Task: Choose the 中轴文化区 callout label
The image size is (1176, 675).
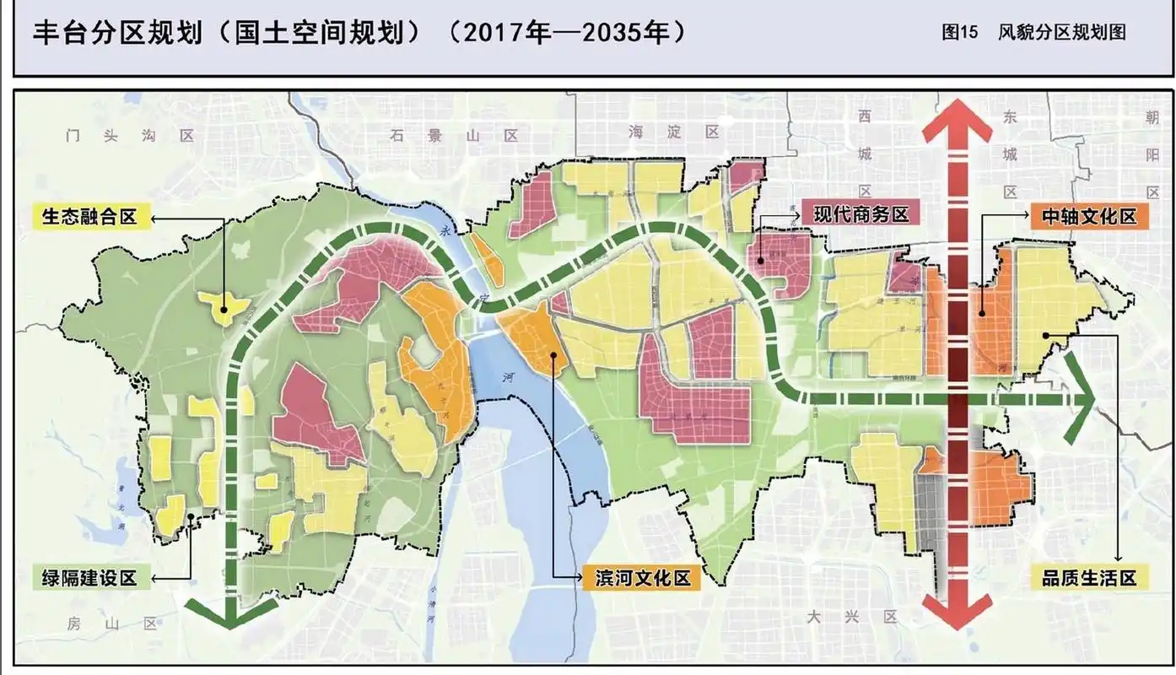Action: tap(1089, 216)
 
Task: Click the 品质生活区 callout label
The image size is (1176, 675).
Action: tap(1089, 578)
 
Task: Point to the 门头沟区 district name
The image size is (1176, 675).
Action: tap(130, 135)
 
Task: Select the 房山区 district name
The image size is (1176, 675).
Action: tap(114, 624)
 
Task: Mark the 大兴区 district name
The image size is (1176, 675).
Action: tap(853, 617)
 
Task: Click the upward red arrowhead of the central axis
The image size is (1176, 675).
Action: tap(957, 122)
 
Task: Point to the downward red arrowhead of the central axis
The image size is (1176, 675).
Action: tap(957, 609)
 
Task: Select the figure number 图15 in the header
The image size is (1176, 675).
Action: tap(959, 32)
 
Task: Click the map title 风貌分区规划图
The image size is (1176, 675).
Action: tap(1061, 32)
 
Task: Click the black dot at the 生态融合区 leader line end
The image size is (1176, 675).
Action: tap(224, 309)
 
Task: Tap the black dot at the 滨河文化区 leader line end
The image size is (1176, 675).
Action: tap(553, 355)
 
